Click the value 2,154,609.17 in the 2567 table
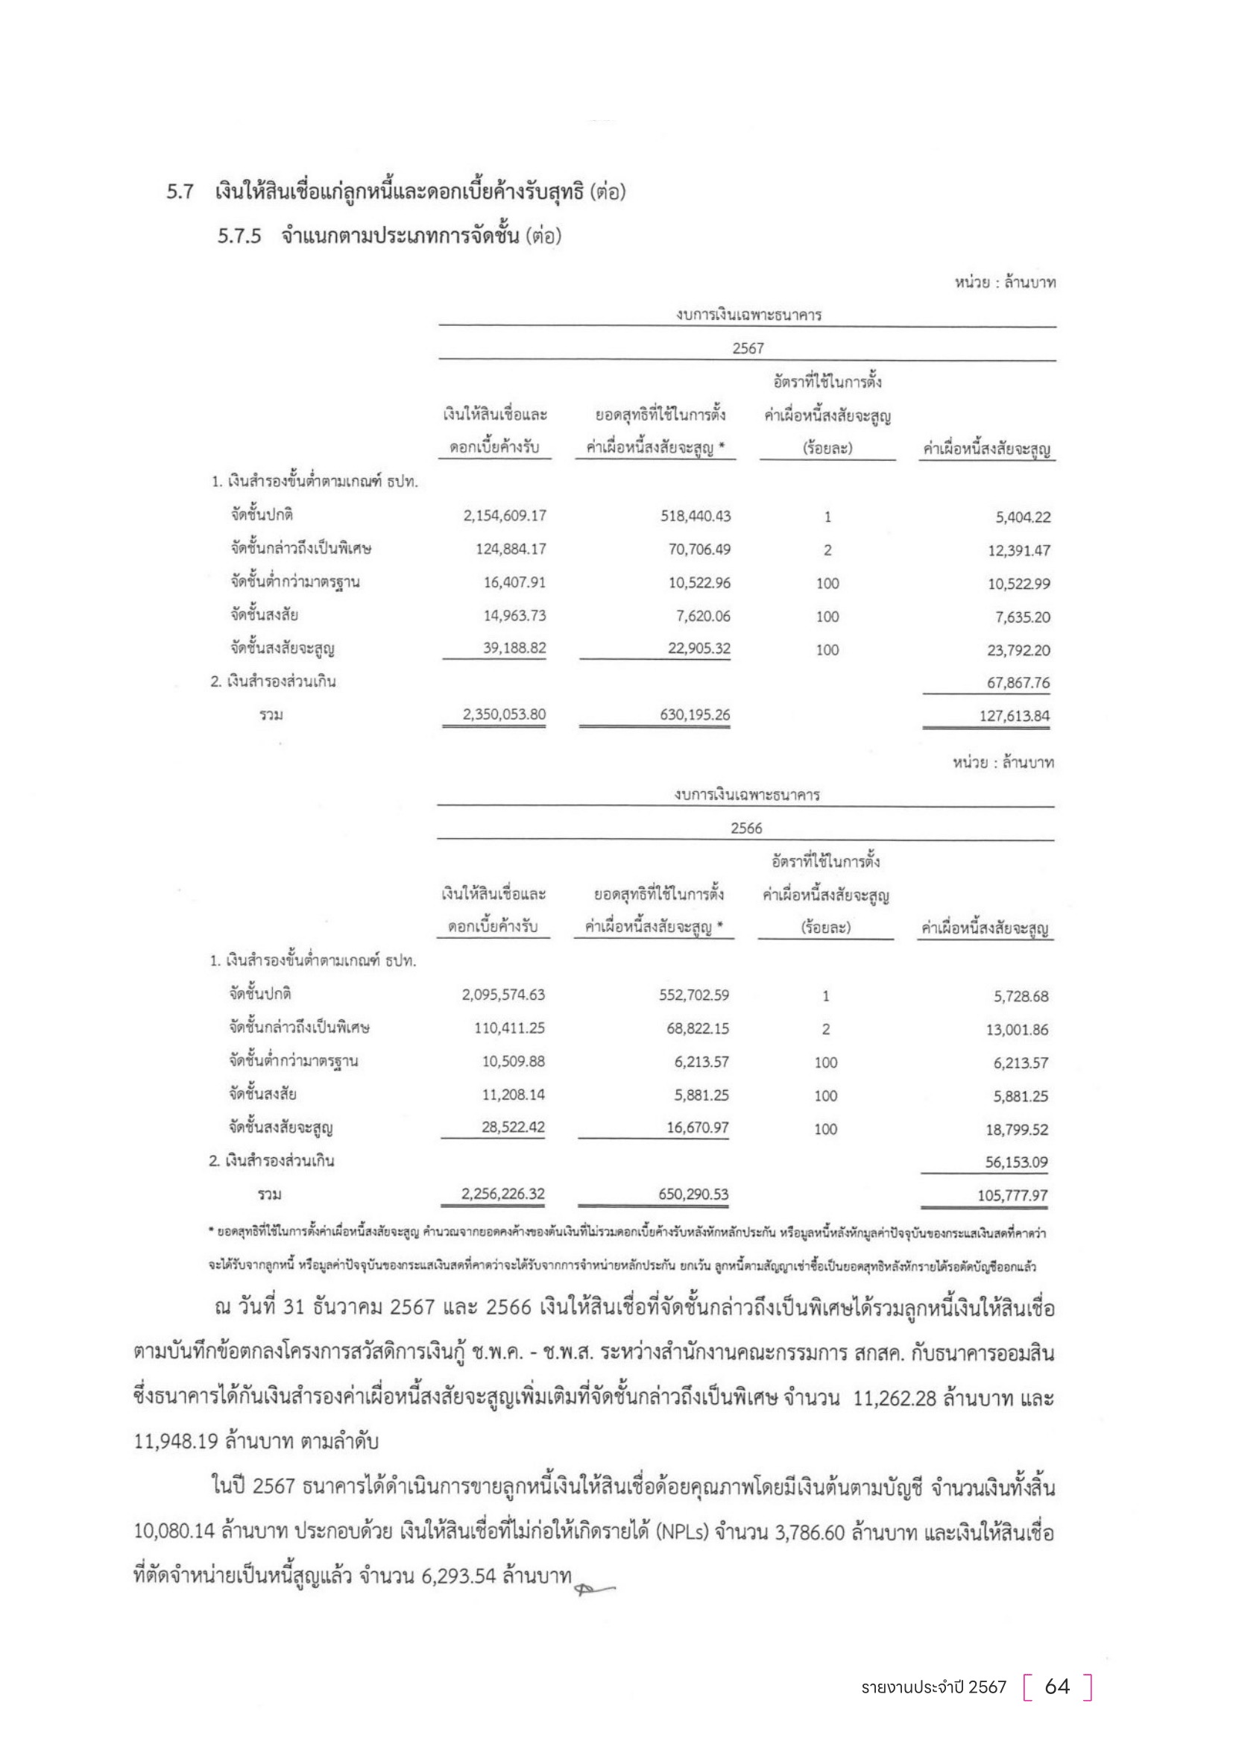505,517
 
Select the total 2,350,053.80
505,715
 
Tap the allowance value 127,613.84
1015,717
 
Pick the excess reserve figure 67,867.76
1018,683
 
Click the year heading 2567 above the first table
748,349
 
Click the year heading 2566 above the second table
746,828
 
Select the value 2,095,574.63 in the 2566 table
503,995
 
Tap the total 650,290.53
694,1194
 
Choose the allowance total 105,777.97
1013,1195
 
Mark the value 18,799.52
1018,1130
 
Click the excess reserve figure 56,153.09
1017,1162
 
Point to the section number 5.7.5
239,236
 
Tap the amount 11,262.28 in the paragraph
895,1399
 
